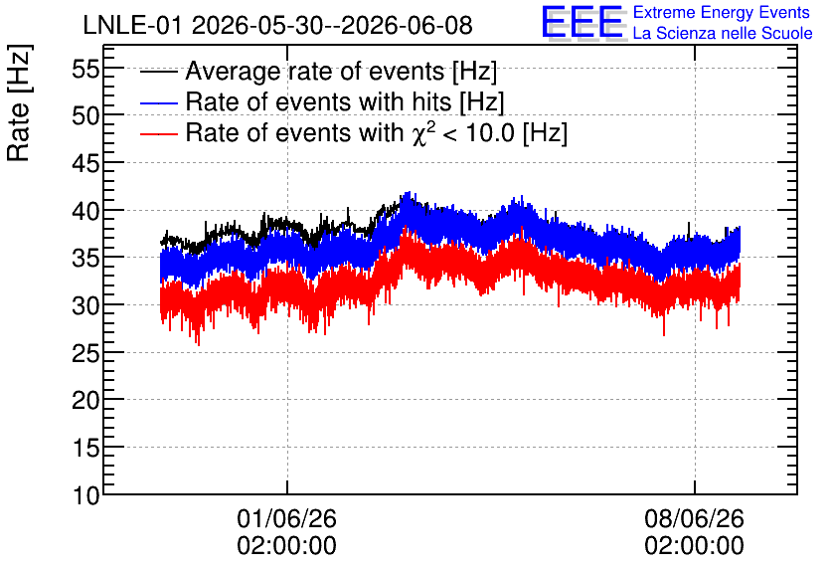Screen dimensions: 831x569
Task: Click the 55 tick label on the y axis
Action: coord(85,69)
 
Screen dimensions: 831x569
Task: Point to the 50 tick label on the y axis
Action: coord(85,115)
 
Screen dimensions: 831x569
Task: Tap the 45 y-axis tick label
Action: coord(85,163)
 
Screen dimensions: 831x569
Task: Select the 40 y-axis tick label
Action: coord(85,211)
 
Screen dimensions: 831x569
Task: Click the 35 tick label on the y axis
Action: coord(85,259)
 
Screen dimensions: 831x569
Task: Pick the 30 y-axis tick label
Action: coord(85,306)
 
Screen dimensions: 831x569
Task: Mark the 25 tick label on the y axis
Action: coord(85,353)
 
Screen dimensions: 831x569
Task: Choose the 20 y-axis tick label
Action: coord(85,400)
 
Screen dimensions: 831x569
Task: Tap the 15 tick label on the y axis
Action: coord(85,448)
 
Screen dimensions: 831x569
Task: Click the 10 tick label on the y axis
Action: coord(85,495)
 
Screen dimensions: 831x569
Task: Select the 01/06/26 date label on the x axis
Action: coord(286,518)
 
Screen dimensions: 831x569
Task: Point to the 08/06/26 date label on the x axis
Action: coord(694,518)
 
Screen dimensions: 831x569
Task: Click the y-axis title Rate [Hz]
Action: coord(19,102)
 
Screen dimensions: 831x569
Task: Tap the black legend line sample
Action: coord(158,72)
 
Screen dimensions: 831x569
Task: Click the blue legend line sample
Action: coord(158,102)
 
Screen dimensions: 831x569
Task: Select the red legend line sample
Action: coord(158,133)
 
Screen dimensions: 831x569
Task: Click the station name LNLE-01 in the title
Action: coord(134,26)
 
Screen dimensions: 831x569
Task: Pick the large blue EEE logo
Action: coord(582,23)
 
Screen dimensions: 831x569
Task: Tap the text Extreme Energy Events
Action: coord(722,12)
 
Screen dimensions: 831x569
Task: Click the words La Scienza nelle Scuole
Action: coord(723,34)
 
